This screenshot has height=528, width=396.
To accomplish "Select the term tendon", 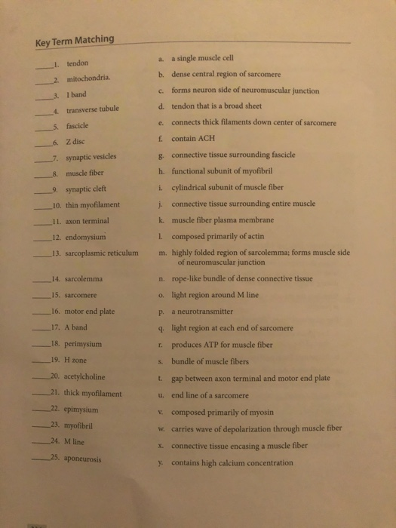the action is (78, 63).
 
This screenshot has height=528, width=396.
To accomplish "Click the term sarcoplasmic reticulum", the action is (102, 252).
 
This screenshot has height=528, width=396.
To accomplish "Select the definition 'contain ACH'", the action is (194, 138).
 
